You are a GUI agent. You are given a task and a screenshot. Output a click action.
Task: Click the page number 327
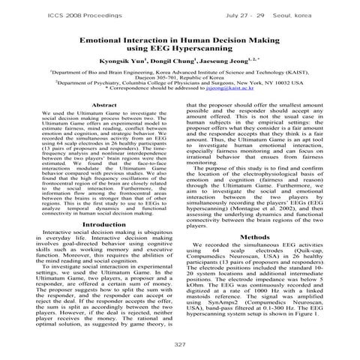click(x=180, y=343)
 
